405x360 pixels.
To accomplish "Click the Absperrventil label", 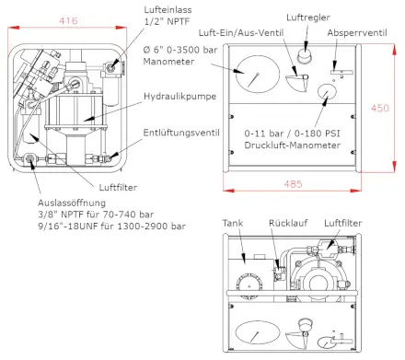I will (x=360, y=32).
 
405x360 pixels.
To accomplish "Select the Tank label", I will (x=232, y=223).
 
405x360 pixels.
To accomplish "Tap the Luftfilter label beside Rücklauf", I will (x=343, y=223).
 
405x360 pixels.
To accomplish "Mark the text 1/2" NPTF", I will (x=163, y=20).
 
